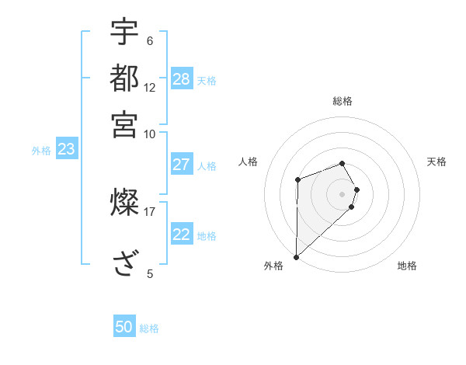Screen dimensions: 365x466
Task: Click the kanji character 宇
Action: pos(124,33)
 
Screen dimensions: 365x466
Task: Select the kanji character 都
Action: pos(124,78)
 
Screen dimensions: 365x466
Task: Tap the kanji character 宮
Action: pos(124,124)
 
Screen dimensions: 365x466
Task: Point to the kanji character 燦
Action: pos(124,203)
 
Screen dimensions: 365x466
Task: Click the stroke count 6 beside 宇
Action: pos(149,41)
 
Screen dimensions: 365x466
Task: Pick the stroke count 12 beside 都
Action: pos(150,87)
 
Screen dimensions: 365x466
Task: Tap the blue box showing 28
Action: pos(182,79)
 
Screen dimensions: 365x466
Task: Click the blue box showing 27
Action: pos(182,165)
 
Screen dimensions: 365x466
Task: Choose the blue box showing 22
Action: pos(182,235)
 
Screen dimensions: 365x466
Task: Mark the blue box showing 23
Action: pos(66,150)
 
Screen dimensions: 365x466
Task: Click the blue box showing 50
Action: pos(124,328)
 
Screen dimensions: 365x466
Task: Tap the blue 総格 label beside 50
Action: pos(149,328)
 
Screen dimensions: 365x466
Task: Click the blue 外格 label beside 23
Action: pos(41,151)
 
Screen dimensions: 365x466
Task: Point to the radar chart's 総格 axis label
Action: pos(343,101)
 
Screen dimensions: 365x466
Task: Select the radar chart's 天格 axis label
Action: pos(437,162)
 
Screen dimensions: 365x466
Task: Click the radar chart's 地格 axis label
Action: pos(407,266)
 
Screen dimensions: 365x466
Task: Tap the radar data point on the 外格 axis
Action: pos(296,256)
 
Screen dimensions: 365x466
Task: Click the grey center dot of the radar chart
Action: pos(343,193)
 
